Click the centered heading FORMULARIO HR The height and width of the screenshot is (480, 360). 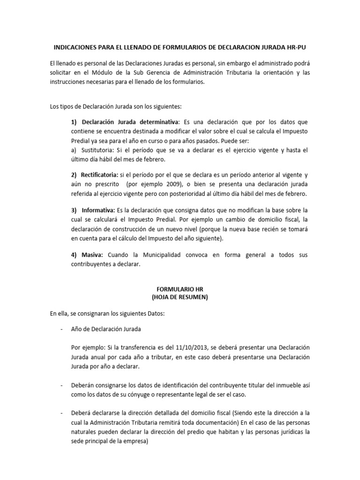180,289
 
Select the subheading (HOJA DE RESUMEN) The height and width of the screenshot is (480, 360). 180,298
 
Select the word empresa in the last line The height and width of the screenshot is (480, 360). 135,440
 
